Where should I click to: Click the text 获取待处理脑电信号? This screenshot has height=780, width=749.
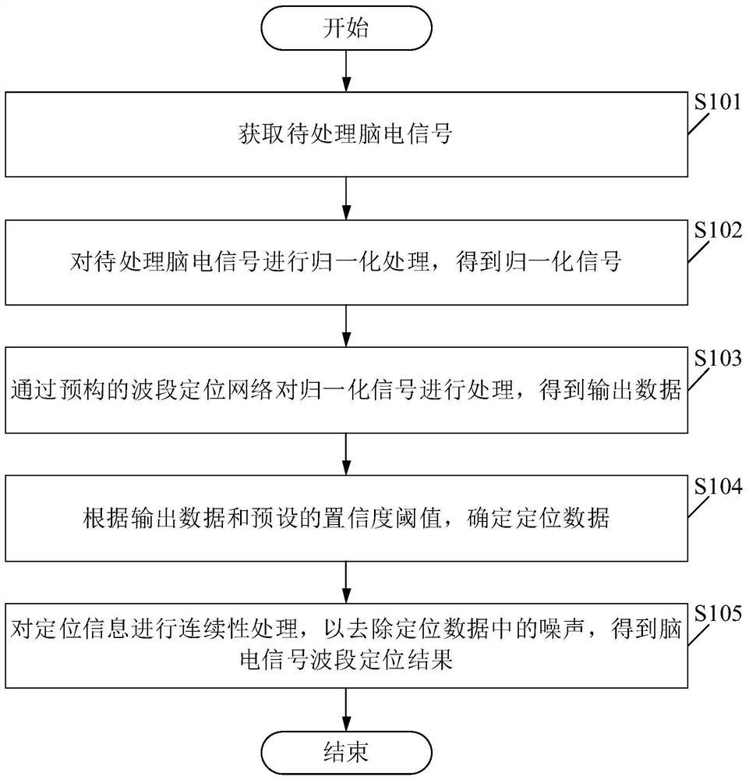[x=345, y=136]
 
